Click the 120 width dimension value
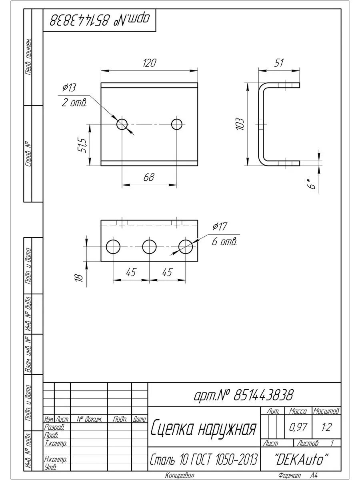coord(150,63)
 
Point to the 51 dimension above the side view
coord(279,63)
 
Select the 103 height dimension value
coord(240,124)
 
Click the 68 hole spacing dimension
coord(149,177)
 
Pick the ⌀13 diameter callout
coord(69,88)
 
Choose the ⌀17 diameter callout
coord(220,226)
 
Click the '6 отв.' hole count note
coord(224,242)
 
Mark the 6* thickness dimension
coord(311,184)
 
